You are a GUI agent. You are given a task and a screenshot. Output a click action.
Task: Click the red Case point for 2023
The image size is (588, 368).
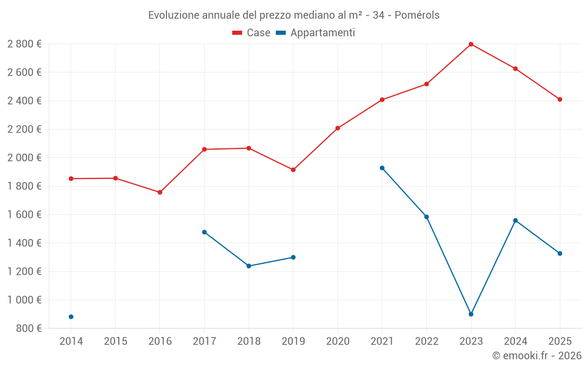click(x=471, y=44)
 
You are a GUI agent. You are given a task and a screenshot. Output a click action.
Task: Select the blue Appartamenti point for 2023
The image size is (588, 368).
click(x=471, y=314)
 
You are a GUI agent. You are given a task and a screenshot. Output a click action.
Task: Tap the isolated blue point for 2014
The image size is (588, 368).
click(x=71, y=317)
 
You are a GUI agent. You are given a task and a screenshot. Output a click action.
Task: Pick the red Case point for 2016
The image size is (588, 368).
click(x=160, y=193)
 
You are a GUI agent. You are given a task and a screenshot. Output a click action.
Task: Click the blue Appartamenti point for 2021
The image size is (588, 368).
click(x=382, y=168)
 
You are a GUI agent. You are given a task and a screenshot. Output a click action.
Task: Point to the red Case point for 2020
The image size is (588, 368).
click(x=338, y=128)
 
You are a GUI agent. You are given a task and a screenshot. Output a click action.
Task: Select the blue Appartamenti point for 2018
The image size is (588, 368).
click(x=249, y=266)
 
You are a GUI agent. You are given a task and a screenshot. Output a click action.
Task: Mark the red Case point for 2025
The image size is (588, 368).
click(x=560, y=100)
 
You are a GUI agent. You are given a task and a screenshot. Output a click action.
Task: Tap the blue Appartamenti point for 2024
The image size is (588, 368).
click(x=516, y=220)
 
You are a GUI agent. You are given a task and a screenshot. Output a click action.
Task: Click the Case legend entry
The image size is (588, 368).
click(x=252, y=33)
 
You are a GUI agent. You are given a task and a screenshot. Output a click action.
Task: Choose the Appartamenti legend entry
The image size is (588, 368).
click(x=316, y=33)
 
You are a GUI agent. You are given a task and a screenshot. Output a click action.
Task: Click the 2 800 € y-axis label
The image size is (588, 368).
click(x=24, y=44)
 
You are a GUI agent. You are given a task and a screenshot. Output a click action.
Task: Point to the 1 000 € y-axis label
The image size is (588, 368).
click(x=24, y=300)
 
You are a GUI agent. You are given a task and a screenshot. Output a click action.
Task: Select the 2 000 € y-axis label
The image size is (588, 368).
click(x=24, y=158)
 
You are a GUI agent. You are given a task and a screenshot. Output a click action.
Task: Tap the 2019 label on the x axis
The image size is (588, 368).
click(x=293, y=341)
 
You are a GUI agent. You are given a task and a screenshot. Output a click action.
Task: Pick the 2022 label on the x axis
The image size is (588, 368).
click(x=426, y=341)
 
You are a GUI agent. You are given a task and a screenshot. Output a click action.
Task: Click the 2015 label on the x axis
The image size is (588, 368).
click(x=115, y=341)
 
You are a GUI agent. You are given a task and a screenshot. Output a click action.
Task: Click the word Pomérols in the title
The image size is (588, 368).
click(x=417, y=15)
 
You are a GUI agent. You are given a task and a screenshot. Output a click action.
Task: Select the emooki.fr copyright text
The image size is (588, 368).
click(x=537, y=356)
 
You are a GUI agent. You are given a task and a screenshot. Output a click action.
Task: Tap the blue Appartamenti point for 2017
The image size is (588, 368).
click(x=204, y=232)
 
